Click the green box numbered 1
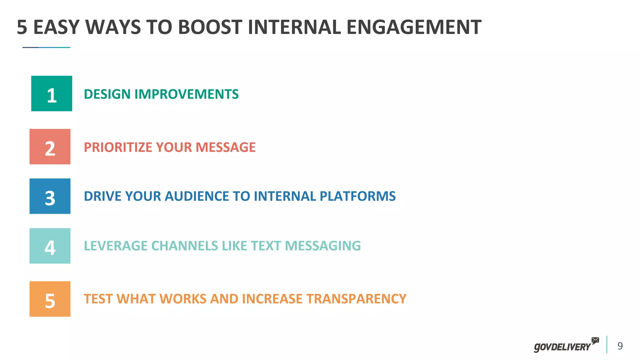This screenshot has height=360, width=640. tap(52, 93)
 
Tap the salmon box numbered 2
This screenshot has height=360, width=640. tap(50, 147)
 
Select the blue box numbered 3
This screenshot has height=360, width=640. tap(50, 196)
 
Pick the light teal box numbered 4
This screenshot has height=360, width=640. tap(50, 246)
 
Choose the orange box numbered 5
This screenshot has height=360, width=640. tap(50, 299)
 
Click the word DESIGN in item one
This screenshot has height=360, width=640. tap(107, 94)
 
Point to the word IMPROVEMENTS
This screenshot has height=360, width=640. tap(187, 94)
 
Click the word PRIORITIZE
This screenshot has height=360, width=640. tap(118, 147)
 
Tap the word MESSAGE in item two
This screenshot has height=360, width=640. tap(226, 147)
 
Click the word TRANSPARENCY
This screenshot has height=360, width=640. tap(356, 299)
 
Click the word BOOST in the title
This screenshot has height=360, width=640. tap(210, 27)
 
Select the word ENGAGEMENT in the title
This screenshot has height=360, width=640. tap(414, 27)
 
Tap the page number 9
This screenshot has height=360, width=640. tap(620, 346)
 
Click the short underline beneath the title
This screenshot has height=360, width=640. tap(46, 47)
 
